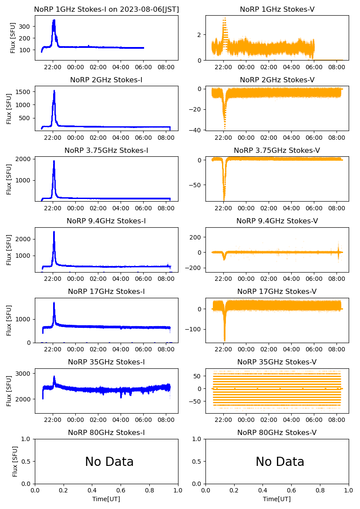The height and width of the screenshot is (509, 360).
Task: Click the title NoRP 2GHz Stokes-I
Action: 106,80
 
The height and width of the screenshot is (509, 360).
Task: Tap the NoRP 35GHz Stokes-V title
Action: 277,362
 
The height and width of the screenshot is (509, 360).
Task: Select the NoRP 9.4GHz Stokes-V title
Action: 277,221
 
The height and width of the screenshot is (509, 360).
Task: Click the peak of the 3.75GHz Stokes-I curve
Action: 54,161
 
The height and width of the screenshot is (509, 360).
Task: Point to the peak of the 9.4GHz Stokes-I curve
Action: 54,232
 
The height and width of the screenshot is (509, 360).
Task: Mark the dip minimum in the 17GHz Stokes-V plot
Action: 225,340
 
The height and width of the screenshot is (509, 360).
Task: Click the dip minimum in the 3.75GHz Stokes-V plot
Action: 224,200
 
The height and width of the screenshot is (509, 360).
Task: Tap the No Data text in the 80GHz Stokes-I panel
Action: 109,462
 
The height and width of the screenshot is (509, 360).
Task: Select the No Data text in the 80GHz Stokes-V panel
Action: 280,462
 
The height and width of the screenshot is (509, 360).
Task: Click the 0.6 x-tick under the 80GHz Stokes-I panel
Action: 121,491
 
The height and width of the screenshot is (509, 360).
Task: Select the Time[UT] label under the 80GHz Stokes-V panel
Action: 277,499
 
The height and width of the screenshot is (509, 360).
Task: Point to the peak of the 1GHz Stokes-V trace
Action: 225,18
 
